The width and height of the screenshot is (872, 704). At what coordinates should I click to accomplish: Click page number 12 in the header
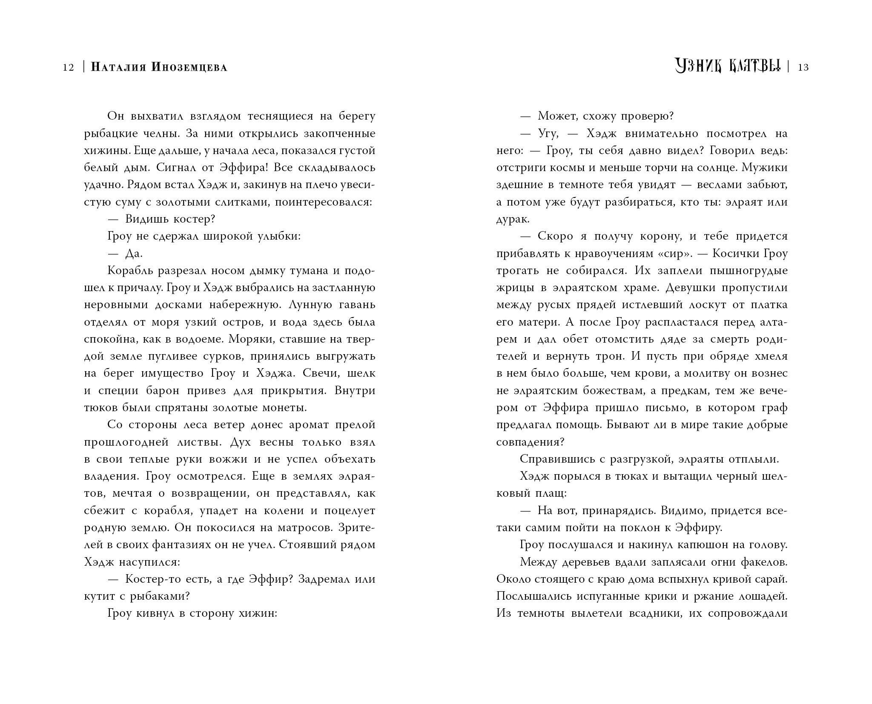68,67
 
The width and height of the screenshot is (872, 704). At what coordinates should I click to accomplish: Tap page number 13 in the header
803,67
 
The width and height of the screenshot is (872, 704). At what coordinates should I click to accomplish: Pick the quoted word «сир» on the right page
674,254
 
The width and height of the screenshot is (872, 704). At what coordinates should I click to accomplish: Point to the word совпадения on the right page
528,442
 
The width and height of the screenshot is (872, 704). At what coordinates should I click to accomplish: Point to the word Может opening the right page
556,116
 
